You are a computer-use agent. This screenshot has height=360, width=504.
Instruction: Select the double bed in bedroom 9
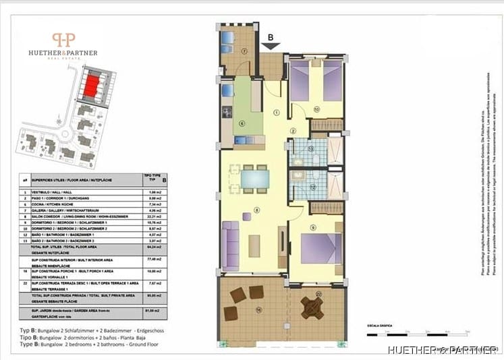[322, 247]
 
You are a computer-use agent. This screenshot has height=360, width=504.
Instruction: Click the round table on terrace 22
[312, 307]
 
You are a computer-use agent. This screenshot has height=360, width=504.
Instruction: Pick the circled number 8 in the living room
[257, 210]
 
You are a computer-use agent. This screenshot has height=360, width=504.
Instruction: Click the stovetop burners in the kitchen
[227, 111]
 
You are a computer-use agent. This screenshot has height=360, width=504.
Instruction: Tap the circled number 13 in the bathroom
[310, 148]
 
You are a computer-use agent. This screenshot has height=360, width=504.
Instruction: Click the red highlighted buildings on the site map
[90, 85]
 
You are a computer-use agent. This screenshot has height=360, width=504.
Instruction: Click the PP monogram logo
[64, 41]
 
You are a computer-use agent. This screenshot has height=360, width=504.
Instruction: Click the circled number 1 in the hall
[277, 113]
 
